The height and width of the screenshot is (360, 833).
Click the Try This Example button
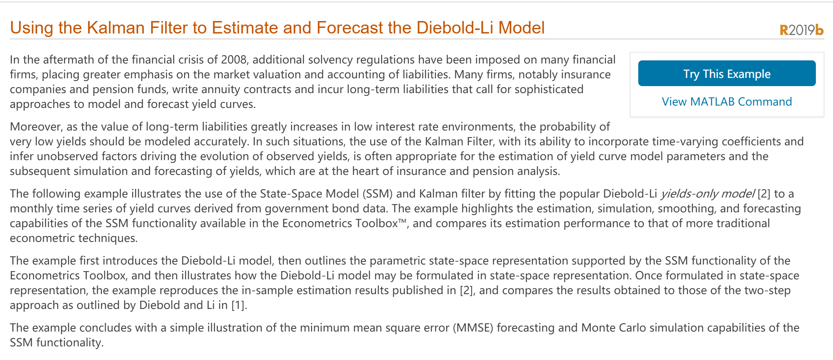click(x=727, y=73)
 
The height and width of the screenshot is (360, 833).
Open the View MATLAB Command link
click(x=727, y=102)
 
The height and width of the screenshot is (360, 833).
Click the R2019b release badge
click(x=801, y=30)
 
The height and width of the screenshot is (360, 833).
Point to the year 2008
click(x=234, y=60)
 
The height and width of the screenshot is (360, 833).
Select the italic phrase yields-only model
click(x=708, y=194)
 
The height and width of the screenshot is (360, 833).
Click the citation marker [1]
click(x=239, y=305)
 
